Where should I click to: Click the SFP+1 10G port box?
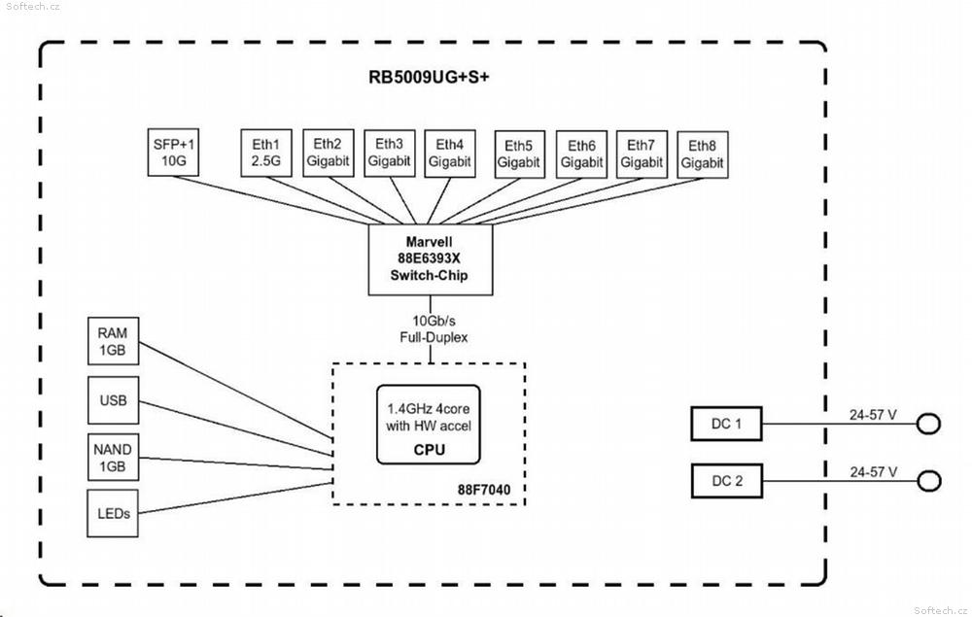[173, 153]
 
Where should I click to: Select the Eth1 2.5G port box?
[266, 153]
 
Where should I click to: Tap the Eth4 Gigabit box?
[450, 154]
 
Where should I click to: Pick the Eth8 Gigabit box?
[703, 154]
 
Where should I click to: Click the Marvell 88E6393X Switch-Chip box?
[431, 259]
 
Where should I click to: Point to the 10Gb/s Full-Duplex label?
[434, 329]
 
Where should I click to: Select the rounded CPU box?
[429, 425]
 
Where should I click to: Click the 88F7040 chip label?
[484, 490]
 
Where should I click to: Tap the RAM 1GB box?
[113, 341]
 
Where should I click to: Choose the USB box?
[113, 400]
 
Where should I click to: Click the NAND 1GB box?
[113, 458]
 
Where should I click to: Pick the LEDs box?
[113, 513]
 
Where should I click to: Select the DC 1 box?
[726, 424]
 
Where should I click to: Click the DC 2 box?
[727, 481]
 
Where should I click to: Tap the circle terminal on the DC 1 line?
[928, 424]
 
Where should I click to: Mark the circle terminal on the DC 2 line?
[929, 481]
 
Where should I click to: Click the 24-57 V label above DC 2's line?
[874, 472]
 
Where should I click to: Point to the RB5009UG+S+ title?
[429, 77]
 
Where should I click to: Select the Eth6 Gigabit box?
[581, 154]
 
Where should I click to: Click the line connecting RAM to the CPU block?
[235, 391]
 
